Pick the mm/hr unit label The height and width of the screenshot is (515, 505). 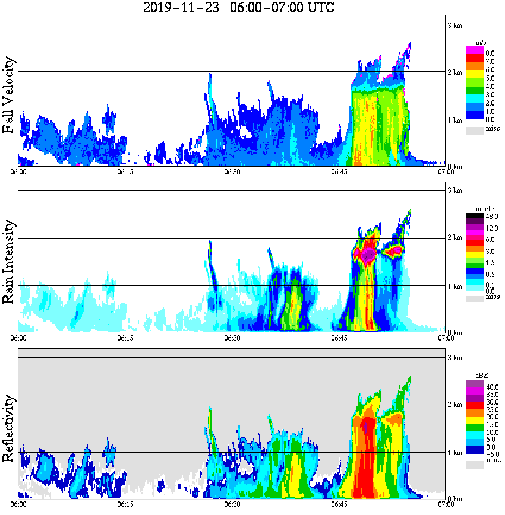point(481,209)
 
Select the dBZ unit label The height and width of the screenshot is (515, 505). point(481,376)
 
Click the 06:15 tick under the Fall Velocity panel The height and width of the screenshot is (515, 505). point(125,172)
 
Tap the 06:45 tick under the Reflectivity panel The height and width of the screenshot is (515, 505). point(339,504)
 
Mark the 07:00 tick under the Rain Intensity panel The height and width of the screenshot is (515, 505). point(446,338)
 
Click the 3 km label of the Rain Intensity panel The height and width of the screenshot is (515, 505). point(454,190)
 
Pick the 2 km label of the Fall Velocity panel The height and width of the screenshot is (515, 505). point(454,72)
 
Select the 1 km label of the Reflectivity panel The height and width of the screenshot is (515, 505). point(454,452)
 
